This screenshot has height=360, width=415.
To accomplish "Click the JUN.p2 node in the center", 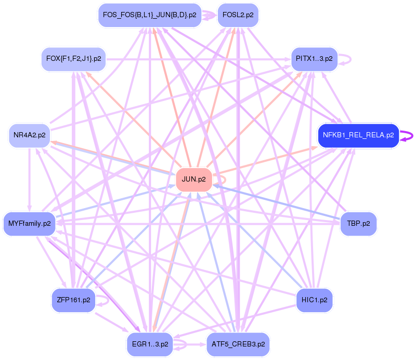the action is [194, 179].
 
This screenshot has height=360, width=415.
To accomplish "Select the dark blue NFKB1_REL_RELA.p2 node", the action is [358, 135].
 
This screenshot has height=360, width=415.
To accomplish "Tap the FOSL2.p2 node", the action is [238, 15].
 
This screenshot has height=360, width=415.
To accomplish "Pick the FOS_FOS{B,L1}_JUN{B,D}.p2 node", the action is [150, 15].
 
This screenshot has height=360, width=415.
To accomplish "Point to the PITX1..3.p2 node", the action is [314, 58].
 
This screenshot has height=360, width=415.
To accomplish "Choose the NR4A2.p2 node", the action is [30, 135].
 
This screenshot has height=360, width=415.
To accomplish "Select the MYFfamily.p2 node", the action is [30, 224].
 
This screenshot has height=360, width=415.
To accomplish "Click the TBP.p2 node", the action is [358, 224].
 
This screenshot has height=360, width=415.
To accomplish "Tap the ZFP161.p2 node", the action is [73, 300].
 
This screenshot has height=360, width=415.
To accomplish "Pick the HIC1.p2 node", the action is [314, 300].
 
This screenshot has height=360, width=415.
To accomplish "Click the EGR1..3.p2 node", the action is [150, 344].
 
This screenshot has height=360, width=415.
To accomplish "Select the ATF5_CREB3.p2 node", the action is [238, 344].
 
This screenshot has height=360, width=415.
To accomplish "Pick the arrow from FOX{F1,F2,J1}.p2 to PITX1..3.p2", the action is [198, 59].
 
